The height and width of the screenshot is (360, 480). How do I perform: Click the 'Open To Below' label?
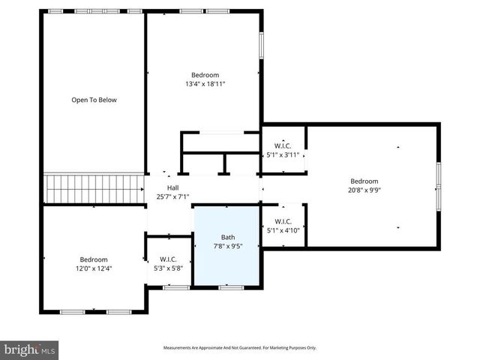[94, 100]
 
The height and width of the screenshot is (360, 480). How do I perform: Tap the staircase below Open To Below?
[94, 189]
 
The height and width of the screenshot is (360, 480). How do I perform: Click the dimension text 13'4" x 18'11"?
[205, 84]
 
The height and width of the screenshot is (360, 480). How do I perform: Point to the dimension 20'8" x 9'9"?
[364, 190]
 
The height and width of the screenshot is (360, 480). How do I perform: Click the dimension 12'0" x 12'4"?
[94, 268]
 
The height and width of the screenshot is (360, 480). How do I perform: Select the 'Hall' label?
[172, 187]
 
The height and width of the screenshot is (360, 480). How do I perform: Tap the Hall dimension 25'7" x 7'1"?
[172, 196]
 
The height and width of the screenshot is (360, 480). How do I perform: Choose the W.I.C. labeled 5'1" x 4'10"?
[283, 226]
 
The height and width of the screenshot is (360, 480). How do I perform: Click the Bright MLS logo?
[29, 349]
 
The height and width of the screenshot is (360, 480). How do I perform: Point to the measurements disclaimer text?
[240, 348]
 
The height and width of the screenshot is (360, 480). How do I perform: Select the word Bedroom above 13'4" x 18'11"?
[205, 75]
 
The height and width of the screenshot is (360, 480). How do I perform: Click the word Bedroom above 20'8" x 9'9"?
[364, 181]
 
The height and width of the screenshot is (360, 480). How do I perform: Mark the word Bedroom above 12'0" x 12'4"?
[94, 259]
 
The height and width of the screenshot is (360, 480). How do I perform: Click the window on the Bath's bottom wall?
[231, 287]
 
